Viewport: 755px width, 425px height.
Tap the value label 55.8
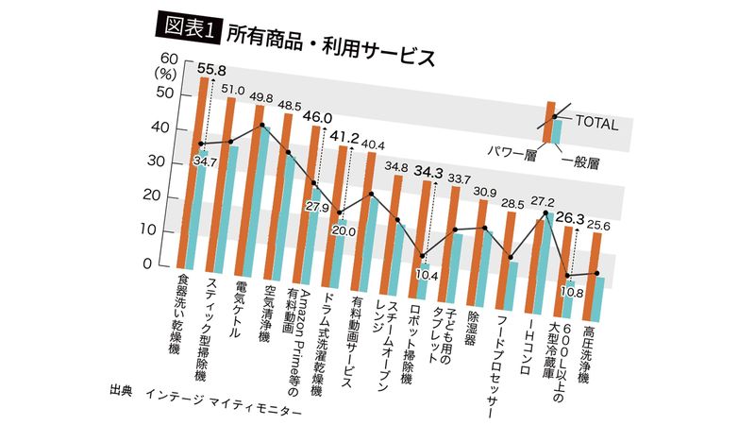tap(211, 70)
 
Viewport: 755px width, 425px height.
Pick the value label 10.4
tap(428, 275)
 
